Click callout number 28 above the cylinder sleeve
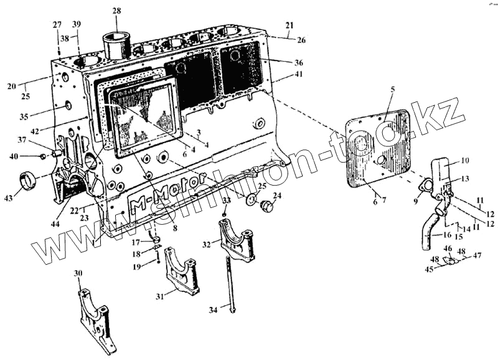[117, 11]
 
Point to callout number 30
[78, 273]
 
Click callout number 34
[214, 310]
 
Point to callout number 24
[277, 195]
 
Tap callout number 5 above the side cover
[392, 89]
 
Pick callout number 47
[478, 255]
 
